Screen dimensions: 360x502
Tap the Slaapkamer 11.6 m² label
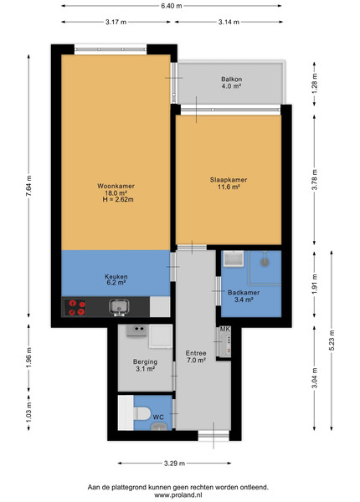(229, 183)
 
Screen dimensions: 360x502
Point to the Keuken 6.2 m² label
(116, 279)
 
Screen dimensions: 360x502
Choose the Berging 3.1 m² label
(145, 365)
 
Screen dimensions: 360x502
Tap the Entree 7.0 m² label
(196, 356)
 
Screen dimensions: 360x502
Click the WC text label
(158, 417)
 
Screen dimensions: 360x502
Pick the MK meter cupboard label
(224, 329)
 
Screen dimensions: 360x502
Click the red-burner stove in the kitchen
(75, 307)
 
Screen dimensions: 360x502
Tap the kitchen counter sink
(119, 307)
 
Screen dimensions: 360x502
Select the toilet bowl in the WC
(141, 413)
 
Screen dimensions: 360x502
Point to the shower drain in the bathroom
(265, 262)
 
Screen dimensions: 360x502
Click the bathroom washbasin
(234, 259)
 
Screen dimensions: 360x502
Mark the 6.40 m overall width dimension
(172, 6)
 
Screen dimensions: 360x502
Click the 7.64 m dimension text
(29, 187)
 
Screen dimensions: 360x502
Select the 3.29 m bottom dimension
(174, 464)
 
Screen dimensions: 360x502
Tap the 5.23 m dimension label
(332, 341)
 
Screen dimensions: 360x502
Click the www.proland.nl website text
(178, 494)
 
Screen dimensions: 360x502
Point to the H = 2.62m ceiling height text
(118, 199)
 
